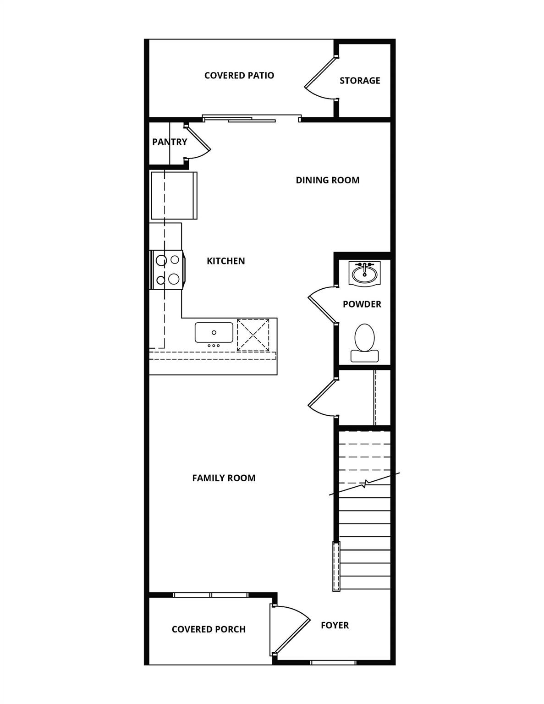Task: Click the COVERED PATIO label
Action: click(x=239, y=76)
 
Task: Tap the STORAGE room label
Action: click(x=360, y=80)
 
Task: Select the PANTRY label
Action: click(x=170, y=142)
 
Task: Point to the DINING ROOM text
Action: click(x=328, y=180)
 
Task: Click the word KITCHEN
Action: click(x=226, y=261)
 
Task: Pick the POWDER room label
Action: click(x=362, y=304)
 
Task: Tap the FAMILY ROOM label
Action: click(x=224, y=478)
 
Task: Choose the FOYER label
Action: click(x=335, y=625)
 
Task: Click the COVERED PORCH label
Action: click(x=209, y=629)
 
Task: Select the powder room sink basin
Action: click(x=365, y=274)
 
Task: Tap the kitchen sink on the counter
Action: click(x=214, y=333)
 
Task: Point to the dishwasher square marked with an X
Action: click(x=253, y=335)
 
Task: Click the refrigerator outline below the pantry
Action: click(x=174, y=196)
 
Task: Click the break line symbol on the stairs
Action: click(x=365, y=484)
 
